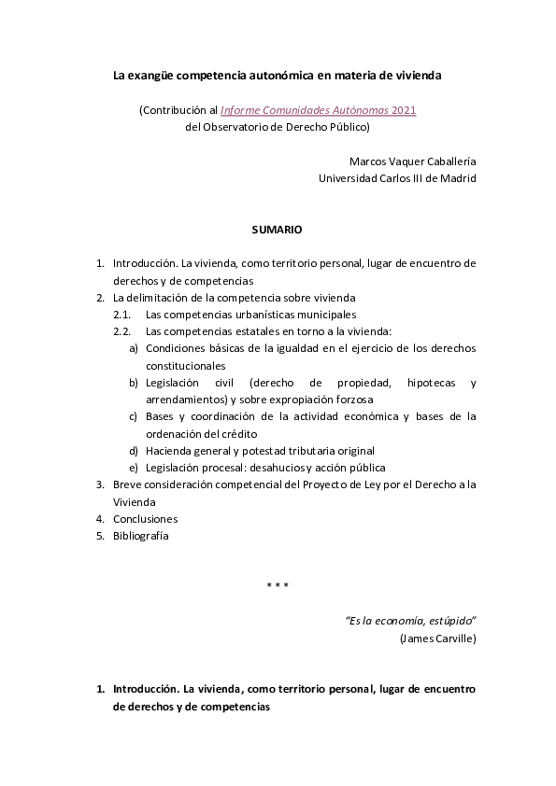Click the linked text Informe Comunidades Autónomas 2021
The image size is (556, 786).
318,110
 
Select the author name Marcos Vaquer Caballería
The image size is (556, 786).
412,161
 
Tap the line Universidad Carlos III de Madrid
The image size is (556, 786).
397,177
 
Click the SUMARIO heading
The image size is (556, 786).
277,229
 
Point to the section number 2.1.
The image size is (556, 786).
121,315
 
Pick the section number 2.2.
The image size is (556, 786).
121,331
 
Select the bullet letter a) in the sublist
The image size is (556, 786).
134,348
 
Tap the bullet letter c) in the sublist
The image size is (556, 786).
134,416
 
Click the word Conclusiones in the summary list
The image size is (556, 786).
145,519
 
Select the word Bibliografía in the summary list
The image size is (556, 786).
141,536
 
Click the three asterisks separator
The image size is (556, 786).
278,586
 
